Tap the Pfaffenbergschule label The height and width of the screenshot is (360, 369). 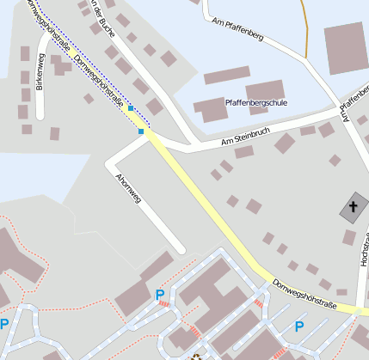pyautogui.click(x=255, y=102)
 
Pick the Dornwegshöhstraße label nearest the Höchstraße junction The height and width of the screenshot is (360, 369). pyautogui.click(x=304, y=294)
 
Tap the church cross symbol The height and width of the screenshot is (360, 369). pyautogui.click(x=353, y=208)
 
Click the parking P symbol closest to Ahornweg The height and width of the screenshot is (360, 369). pyautogui.click(x=159, y=296)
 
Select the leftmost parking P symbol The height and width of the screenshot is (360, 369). pyautogui.click(x=4, y=325)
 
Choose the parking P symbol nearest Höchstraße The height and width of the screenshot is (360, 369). pyautogui.click(x=299, y=326)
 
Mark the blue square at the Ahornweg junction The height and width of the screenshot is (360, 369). pyautogui.click(x=141, y=131)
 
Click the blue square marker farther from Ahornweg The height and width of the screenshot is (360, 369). pyautogui.click(x=131, y=108)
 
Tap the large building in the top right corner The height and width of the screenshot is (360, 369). pyautogui.click(x=345, y=48)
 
